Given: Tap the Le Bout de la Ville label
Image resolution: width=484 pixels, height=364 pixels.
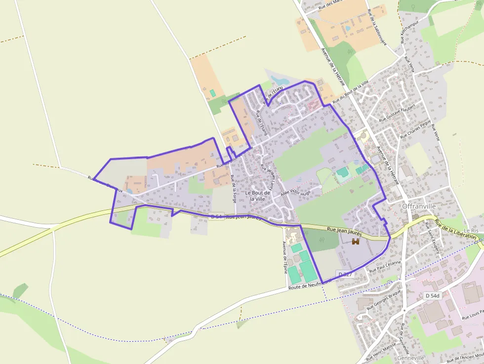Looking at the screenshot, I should pyautogui.click(x=258, y=196).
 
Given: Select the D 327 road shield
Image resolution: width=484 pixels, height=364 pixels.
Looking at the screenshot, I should pyautogui.click(x=345, y=274).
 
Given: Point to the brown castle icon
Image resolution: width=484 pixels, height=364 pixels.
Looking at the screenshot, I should pyautogui.click(x=356, y=241).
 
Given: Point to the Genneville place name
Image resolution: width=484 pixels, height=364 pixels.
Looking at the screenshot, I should pyautogui.click(x=410, y=358).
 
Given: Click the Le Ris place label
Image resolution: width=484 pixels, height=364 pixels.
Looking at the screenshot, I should pyautogui.click(x=471, y=231).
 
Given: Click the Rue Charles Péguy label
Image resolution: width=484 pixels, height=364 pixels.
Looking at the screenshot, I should pyautogui.click(x=416, y=128).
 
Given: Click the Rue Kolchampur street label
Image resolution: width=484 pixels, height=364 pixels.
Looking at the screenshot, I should pyautogui.click(x=409, y=32).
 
